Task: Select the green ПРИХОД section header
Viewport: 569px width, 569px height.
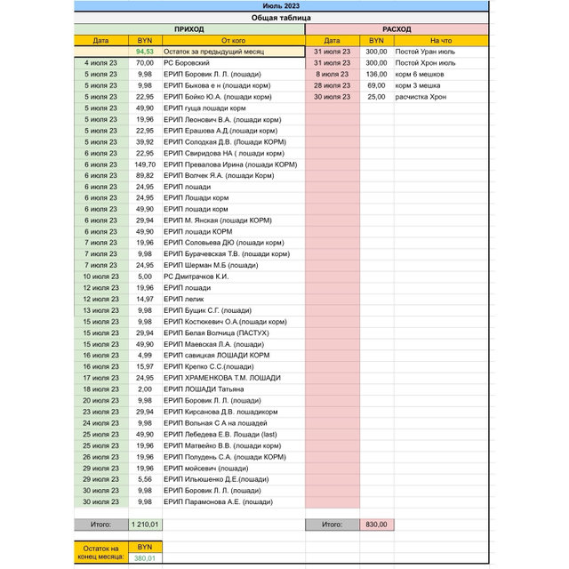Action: click(x=188, y=29)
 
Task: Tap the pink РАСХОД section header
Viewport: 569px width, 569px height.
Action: click(x=396, y=29)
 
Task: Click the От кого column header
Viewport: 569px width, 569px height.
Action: click(x=233, y=41)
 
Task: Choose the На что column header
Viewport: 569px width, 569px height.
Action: click(x=440, y=41)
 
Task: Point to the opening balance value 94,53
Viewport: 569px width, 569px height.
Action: click(x=145, y=52)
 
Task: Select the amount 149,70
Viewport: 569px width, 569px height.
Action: click(x=145, y=164)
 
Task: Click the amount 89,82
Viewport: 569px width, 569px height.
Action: click(x=145, y=175)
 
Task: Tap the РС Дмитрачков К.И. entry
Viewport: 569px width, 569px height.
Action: click(x=196, y=276)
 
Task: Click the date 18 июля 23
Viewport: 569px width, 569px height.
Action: click(x=100, y=389)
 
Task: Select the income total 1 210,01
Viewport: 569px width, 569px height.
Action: click(x=145, y=525)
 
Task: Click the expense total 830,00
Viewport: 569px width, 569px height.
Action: click(x=376, y=525)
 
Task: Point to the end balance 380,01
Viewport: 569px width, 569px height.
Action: click(x=145, y=558)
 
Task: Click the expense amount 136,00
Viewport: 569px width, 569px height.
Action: click(x=376, y=75)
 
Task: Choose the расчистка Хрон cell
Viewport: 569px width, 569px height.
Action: click(x=425, y=97)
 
